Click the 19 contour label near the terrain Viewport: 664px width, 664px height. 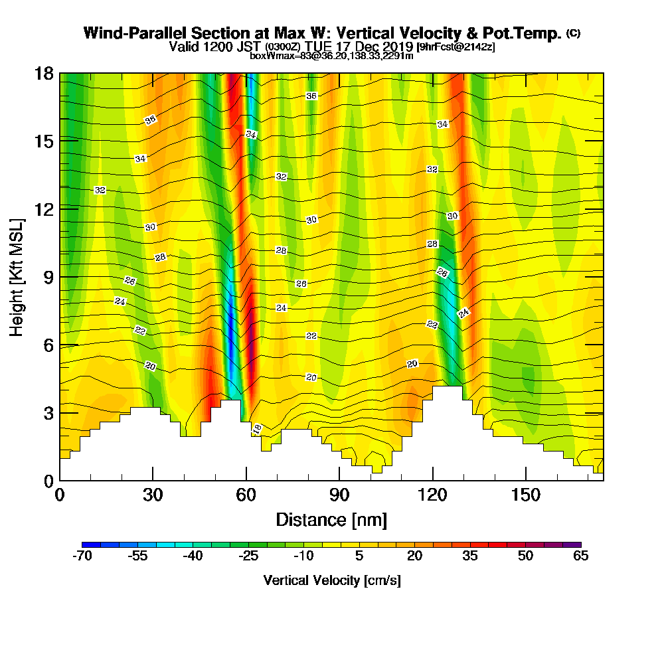point(258,429)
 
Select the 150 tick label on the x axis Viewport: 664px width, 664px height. point(526,495)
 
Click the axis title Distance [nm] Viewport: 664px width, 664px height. point(331,519)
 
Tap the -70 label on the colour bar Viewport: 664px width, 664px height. point(82,556)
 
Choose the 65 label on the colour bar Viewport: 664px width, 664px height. point(581,556)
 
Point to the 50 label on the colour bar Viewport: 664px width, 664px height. point(526,556)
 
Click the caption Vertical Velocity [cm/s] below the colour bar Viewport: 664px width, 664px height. point(332,580)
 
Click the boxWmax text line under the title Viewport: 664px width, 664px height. point(331,56)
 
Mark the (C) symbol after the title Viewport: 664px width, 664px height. point(573,33)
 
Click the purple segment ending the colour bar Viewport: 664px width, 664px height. point(576,544)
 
